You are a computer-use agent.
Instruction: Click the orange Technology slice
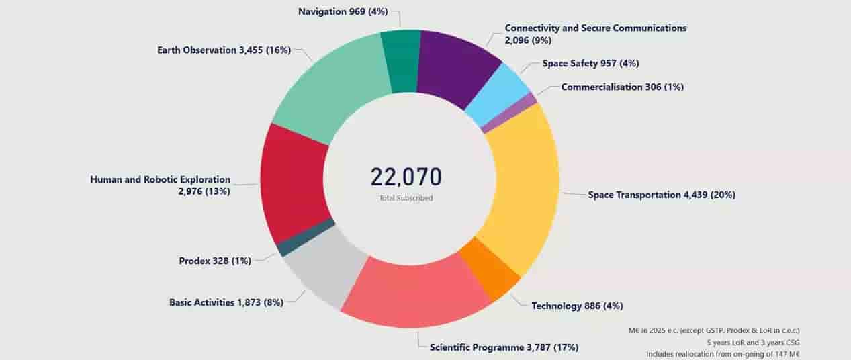[x=490, y=269]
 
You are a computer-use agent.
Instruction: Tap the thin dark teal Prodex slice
[x=306, y=237]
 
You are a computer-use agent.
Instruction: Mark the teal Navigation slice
[x=400, y=60]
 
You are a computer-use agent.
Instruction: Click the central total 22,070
[x=406, y=177]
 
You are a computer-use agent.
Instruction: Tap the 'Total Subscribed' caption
[x=406, y=198]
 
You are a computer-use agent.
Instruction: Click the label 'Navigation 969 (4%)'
[x=343, y=12]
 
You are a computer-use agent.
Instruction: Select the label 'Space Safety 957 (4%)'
[x=591, y=63]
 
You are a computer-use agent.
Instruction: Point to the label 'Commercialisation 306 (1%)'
[x=622, y=87]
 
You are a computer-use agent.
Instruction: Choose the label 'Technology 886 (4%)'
[x=577, y=306]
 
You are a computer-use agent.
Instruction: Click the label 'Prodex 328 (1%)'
[x=215, y=261]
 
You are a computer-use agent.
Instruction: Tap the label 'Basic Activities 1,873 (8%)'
[x=226, y=302]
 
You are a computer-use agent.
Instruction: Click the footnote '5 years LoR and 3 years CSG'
[x=753, y=343]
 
